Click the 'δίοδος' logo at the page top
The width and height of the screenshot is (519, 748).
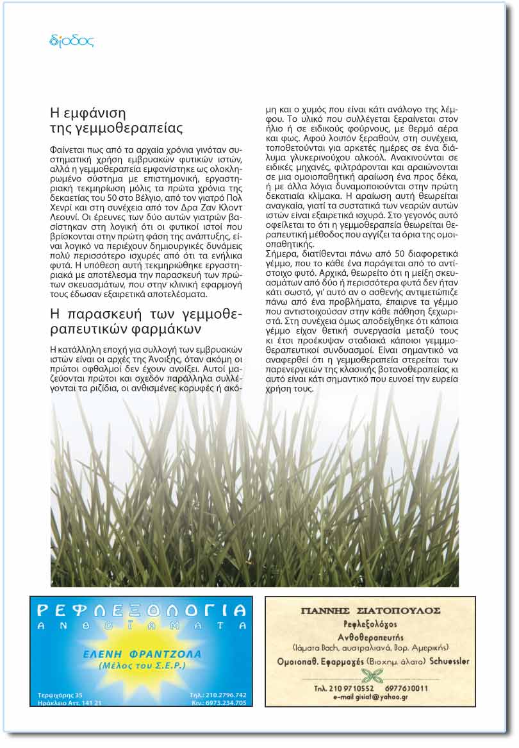tap(71, 42)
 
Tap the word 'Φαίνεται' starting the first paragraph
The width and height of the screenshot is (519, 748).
tap(68, 149)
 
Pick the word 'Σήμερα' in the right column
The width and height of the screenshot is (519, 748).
tap(283, 254)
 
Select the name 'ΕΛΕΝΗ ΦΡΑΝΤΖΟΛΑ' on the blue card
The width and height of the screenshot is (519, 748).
tap(142, 654)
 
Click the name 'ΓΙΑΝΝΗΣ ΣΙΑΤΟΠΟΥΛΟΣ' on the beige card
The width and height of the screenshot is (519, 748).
tap(370, 610)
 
